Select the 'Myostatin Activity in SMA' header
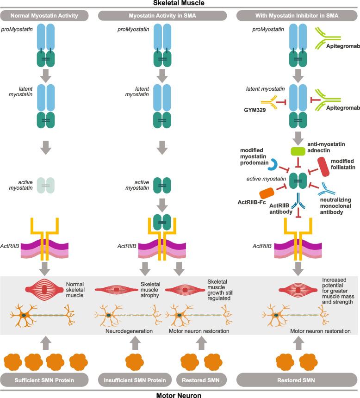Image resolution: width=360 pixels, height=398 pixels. point(162,16)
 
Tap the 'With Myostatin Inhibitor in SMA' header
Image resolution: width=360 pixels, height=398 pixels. point(297,16)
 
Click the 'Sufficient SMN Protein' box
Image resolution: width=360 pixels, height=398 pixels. point(45,380)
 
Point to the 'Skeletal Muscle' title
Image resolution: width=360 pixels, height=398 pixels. point(180,3)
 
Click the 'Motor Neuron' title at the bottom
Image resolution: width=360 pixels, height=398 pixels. point(180,394)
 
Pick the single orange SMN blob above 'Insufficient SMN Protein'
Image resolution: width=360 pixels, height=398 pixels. point(132,360)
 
